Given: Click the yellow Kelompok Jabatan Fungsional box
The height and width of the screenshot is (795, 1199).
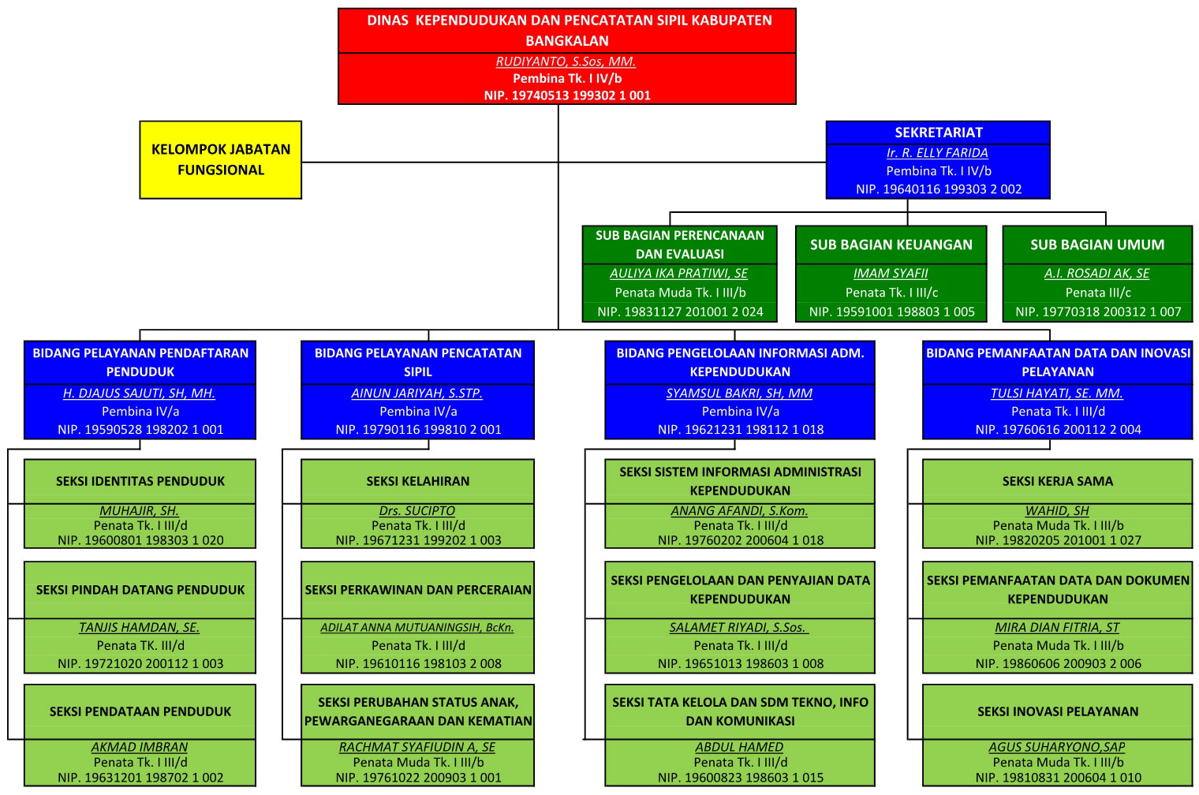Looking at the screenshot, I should tap(221, 159).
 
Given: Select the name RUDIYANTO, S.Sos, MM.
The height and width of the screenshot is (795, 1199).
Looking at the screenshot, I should tap(566, 62).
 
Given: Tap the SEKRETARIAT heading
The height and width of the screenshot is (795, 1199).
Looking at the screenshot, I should tap(938, 132).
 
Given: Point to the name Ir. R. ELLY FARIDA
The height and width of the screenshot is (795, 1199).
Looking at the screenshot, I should tap(937, 153).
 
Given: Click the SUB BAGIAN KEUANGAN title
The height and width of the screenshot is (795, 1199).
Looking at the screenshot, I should tap(891, 244).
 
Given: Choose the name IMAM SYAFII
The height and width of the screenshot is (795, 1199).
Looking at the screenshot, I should tap(891, 273).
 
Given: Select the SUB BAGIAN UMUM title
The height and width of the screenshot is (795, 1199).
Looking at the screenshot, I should tap(1096, 244).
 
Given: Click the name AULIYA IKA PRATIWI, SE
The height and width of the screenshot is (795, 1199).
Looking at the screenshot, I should tap(678, 273).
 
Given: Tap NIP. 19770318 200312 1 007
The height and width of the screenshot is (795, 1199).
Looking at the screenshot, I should tap(1098, 312).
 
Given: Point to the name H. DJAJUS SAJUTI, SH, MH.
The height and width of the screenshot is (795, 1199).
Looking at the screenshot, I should tap(140, 393).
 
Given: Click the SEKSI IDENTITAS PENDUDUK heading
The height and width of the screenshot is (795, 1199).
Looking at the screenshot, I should tap(140, 481).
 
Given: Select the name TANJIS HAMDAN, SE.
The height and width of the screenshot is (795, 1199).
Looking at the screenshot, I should tap(140, 627).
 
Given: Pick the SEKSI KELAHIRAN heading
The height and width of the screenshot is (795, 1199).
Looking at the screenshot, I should tap(417, 481).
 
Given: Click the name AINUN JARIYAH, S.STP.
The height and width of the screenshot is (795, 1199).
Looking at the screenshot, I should tap(417, 393).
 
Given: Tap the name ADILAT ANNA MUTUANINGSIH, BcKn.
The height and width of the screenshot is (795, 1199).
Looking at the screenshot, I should tap(417, 627).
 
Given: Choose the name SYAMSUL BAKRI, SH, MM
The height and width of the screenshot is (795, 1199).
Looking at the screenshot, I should tap(739, 393).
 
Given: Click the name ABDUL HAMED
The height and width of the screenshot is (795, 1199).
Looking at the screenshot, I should tap(739, 746).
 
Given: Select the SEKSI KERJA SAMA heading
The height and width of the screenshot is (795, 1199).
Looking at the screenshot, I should tap(1057, 481).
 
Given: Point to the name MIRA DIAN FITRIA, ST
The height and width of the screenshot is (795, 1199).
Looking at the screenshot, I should tap(1057, 627).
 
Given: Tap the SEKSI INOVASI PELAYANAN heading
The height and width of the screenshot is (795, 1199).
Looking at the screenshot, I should tap(1057, 711).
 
